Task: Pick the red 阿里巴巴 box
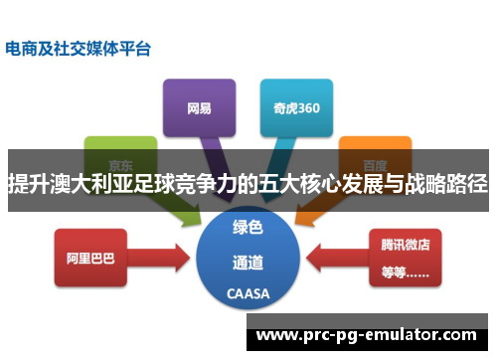click(90, 257)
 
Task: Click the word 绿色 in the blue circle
click(248, 228)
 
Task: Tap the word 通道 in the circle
click(248, 264)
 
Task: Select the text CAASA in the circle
click(248, 295)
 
